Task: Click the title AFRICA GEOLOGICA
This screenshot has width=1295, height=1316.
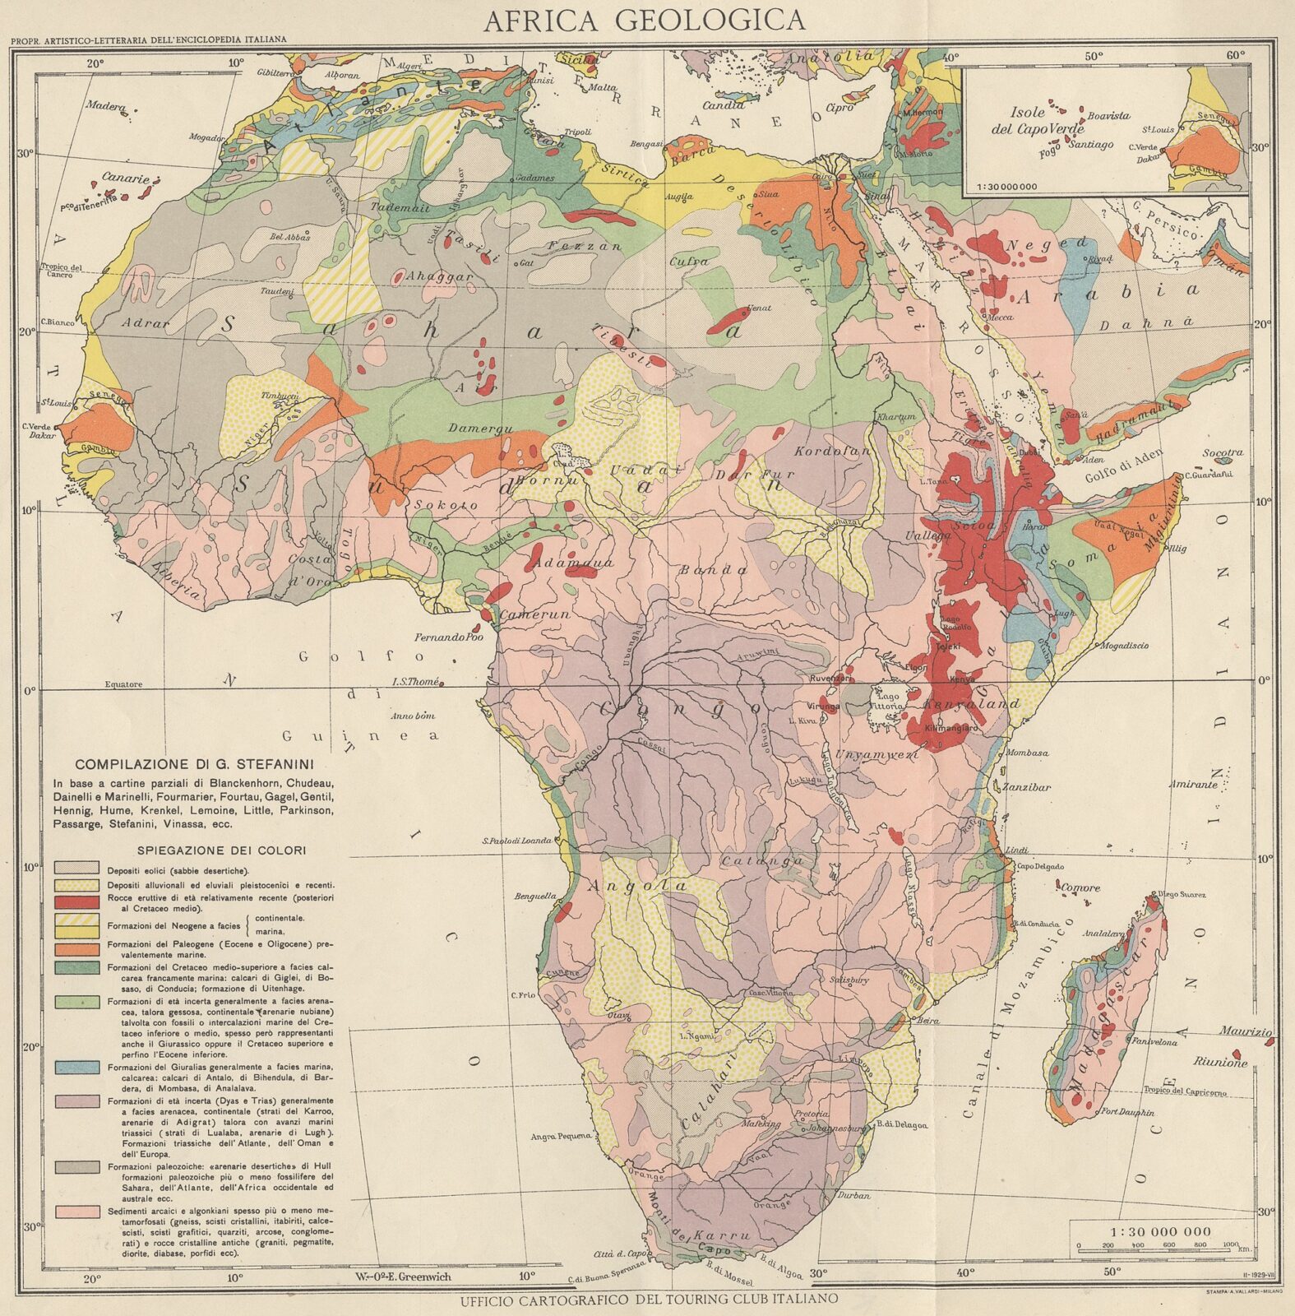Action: click(644, 20)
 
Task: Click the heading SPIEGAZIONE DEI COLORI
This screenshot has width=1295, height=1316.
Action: click(211, 850)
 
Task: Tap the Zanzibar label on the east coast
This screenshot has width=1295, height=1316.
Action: click(1028, 787)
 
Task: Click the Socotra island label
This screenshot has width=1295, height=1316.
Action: click(1223, 453)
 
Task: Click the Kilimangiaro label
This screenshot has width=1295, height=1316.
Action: click(951, 728)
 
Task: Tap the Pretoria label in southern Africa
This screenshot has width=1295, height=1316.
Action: click(811, 1114)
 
